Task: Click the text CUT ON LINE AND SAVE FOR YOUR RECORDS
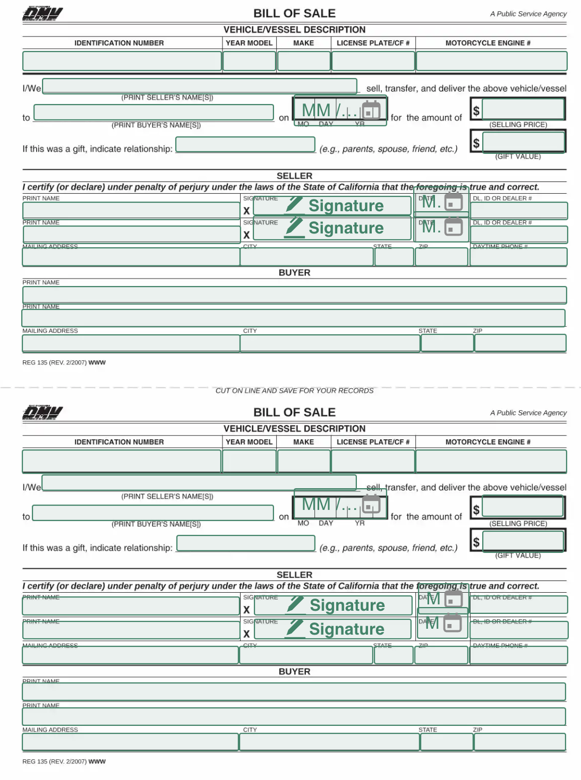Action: (294, 391)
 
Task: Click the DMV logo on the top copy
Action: (42, 14)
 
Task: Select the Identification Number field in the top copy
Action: (122, 61)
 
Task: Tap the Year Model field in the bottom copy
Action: (249, 461)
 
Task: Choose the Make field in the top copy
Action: (304, 61)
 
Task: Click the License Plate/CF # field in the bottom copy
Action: (373, 461)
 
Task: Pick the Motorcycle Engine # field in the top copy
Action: (491, 61)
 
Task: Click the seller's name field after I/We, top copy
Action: (199, 86)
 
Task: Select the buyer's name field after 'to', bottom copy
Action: (153, 513)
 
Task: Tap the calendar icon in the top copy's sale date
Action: (371, 110)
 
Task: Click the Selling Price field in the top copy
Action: (523, 109)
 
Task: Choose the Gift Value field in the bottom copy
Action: (523, 541)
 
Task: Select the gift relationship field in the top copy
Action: (245, 144)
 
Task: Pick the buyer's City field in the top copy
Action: (330, 343)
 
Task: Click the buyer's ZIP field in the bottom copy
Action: (519, 742)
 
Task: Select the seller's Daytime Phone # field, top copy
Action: (518, 257)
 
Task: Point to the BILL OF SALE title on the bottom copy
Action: (294, 412)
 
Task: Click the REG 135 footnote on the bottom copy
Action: (64, 761)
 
